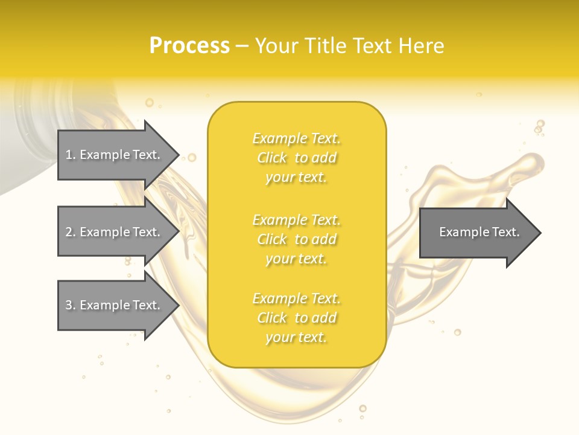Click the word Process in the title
point(189,46)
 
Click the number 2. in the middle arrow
point(71,232)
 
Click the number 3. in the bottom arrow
point(71,305)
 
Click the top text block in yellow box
point(297,158)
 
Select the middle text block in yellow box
point(297,239)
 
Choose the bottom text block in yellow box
point(297,318)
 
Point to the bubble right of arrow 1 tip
point(192,158)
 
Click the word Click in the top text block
point(272,158)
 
